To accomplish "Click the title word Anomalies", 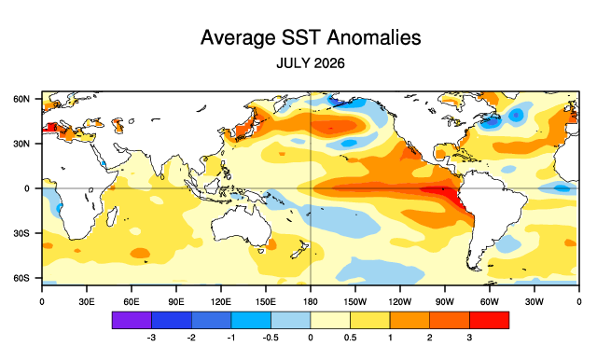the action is coord(373,37).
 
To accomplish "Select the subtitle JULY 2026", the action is coord(311,63).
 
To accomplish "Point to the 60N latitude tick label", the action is coord(21,99).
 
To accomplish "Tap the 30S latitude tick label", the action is coord(21,233).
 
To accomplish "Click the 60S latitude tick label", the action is coord(21,278).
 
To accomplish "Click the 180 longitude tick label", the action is coord(311,302).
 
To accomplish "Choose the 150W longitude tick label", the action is coord(355,302).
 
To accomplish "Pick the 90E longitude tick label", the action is coord(176,302).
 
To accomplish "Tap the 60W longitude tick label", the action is coord(489,302).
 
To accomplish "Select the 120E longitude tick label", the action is coord(221,302).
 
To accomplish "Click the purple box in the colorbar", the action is coord(132,320).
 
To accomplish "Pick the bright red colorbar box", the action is coord(489,320).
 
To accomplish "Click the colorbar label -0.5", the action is coord(271,338).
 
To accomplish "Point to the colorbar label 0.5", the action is coord(350,338).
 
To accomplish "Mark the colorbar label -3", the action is coord(151,338).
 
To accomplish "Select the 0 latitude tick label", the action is coord(27,188).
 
